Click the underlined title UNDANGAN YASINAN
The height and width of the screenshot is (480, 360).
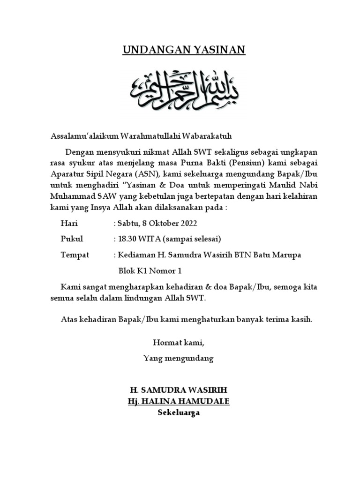pyautogui.click(x=184, y=50)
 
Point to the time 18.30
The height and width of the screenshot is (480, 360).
pyautogui.click(x=127, y=239)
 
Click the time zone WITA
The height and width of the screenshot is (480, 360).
pyautogui.click(x=149, y=239)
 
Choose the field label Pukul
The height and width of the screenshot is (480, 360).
pyautogui.click(x=72, y=239)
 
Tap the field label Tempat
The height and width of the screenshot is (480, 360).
pyautogui.click(x=75, y=255)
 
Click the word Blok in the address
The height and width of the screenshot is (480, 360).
pyautogui.click(x=126, y=271)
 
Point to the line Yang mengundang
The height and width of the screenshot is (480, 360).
pyautogui.click(x=178, y=359)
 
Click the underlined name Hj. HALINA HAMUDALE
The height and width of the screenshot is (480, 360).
pyautogui.click(x=179, y=402)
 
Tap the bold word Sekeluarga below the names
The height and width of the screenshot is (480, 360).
pyautogui.click(x=179, y=412)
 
